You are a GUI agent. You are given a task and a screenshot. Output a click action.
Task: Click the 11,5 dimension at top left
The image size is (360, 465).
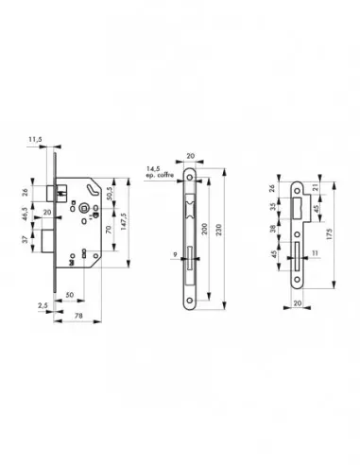coord(35,140)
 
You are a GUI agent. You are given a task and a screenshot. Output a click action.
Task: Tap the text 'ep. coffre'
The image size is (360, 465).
coord(158,176)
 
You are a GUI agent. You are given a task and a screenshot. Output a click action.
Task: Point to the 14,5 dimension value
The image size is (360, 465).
coord(154,168)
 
